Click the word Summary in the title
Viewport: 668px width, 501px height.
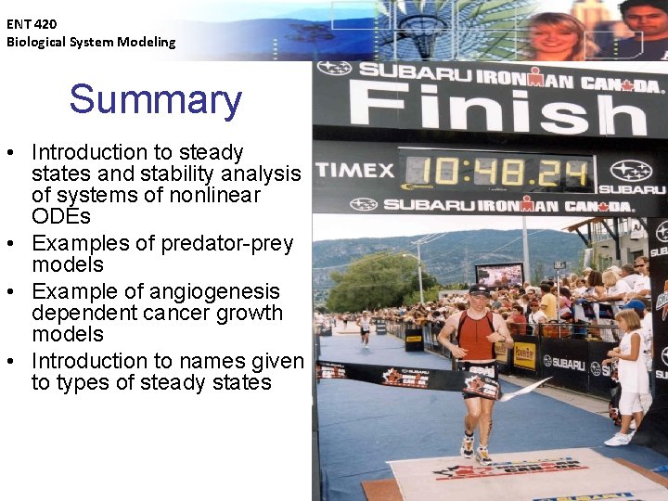coord(155,100)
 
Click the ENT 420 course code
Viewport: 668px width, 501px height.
coord(32,24)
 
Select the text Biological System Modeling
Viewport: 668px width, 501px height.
coord(91,42)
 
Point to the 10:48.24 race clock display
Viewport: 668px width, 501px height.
coord(496,172)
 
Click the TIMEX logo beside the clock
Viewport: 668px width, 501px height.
coord(354,171)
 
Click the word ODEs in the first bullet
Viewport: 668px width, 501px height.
coord(61,217)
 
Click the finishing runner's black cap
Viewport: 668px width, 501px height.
coord(479,289)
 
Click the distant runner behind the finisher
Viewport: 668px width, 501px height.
coord(366,325)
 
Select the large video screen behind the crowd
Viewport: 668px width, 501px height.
coord(499,274)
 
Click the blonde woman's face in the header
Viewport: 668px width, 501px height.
coord(557,37)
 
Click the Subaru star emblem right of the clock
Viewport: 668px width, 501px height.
coord(630,171)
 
